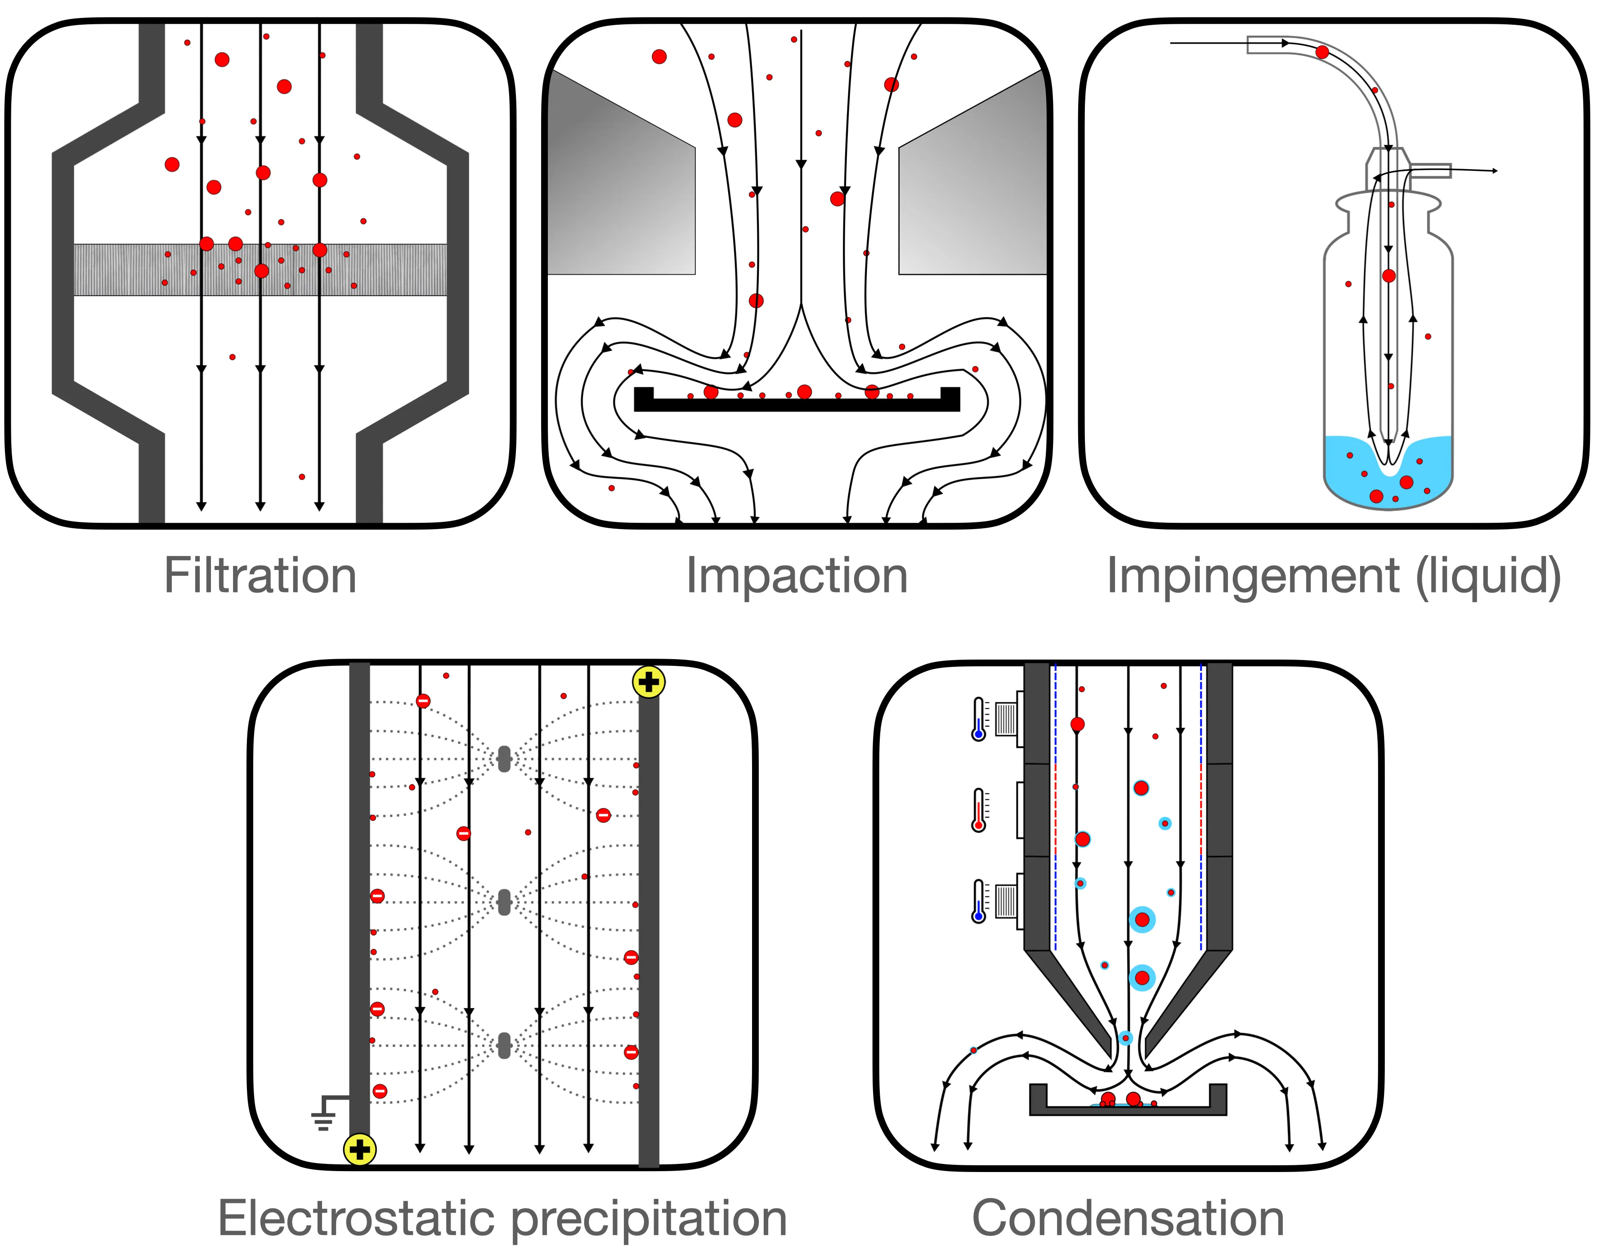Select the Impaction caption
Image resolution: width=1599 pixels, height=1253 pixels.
[797, 577]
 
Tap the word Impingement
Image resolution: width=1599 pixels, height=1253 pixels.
[1253, 577]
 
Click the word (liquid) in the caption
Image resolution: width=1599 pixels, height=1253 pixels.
[1488, 577]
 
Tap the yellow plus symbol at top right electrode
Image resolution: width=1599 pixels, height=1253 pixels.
[649, 682]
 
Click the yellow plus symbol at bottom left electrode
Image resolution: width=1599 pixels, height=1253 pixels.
[359, 1150]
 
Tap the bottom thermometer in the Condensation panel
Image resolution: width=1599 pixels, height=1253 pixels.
[978, 901]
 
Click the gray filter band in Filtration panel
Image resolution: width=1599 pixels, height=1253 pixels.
[260, 270]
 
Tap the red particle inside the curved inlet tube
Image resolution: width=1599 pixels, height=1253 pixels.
[1322, 52]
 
